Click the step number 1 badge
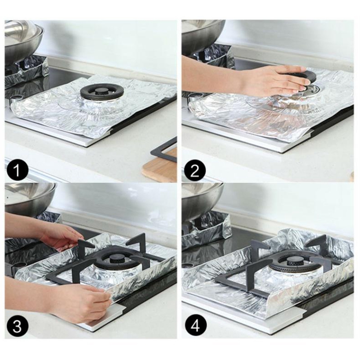pos(17,171)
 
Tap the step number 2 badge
pos(195,171)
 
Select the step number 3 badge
pos(17,326)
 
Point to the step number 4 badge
pos(195,326)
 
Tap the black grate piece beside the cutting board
pos(164,151)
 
